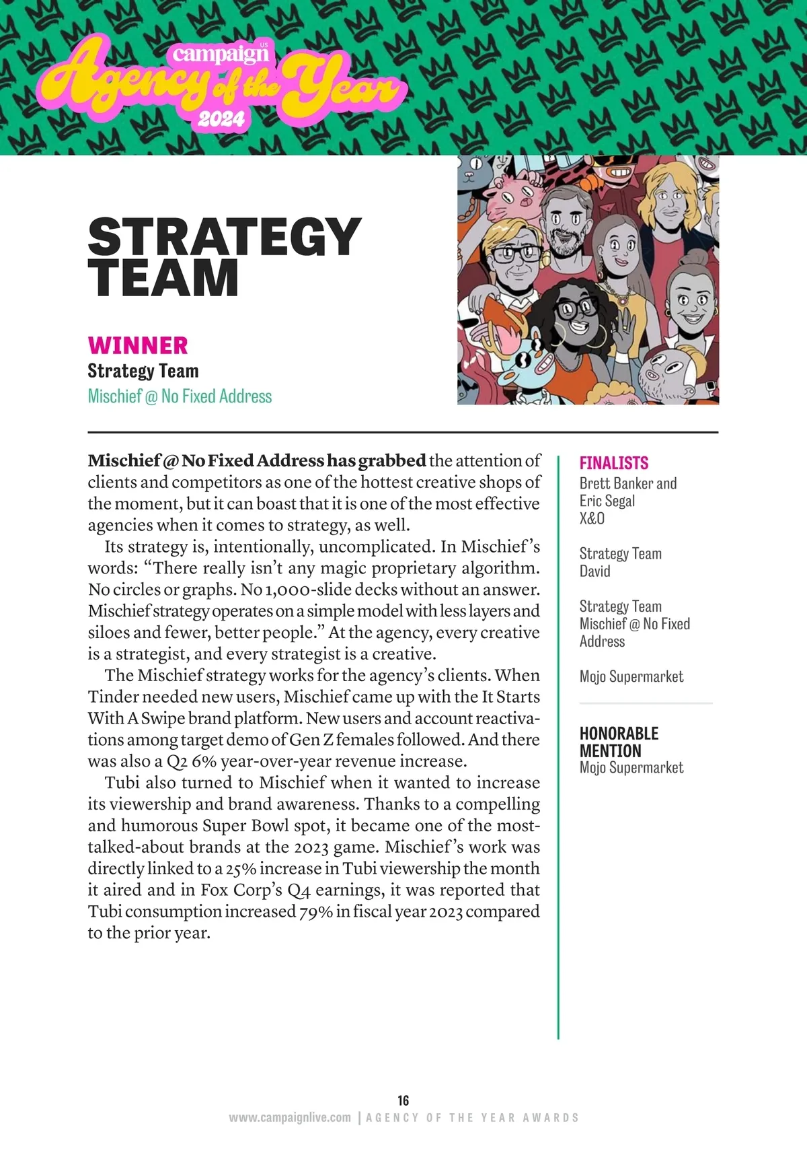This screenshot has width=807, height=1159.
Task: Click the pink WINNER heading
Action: coord(138,345)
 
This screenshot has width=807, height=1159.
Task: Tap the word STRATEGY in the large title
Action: coord(225,237)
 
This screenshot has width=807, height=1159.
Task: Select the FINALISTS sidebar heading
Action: coord(614,463)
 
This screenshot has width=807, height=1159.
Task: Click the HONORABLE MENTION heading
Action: coord(619,742)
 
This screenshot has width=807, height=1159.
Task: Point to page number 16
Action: coord(403,1100)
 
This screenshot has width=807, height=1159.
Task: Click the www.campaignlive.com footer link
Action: coord(290,1117)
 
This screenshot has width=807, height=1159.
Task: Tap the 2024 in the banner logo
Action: coord(221,119)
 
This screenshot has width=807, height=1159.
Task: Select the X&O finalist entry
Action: coord(592,518)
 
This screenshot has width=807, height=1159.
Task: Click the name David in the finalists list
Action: coord(595,571)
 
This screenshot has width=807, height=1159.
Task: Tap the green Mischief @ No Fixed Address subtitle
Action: coord(180,396)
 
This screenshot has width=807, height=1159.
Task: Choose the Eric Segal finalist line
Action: coord(607,501)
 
